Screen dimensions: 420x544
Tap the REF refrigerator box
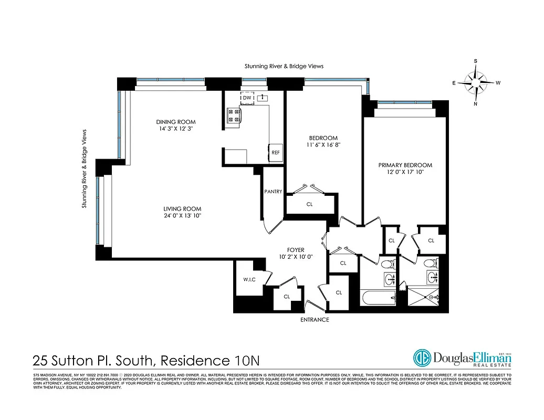[275, 152]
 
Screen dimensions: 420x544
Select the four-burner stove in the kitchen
[233, 115]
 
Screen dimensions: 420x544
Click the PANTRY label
[274, 192]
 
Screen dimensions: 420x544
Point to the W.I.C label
[249, 279]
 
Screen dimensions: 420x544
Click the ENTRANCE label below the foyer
[315, 320]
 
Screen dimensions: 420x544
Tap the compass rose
[476, 83]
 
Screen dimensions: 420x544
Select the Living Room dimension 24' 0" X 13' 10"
[182, 216]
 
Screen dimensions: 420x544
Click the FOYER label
[296, 250]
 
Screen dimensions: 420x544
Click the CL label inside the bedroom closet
[309, 204]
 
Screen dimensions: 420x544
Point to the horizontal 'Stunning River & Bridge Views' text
[284, 66]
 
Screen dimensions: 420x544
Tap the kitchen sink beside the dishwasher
[263, 97]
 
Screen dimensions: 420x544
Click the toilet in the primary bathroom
[430, 263]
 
